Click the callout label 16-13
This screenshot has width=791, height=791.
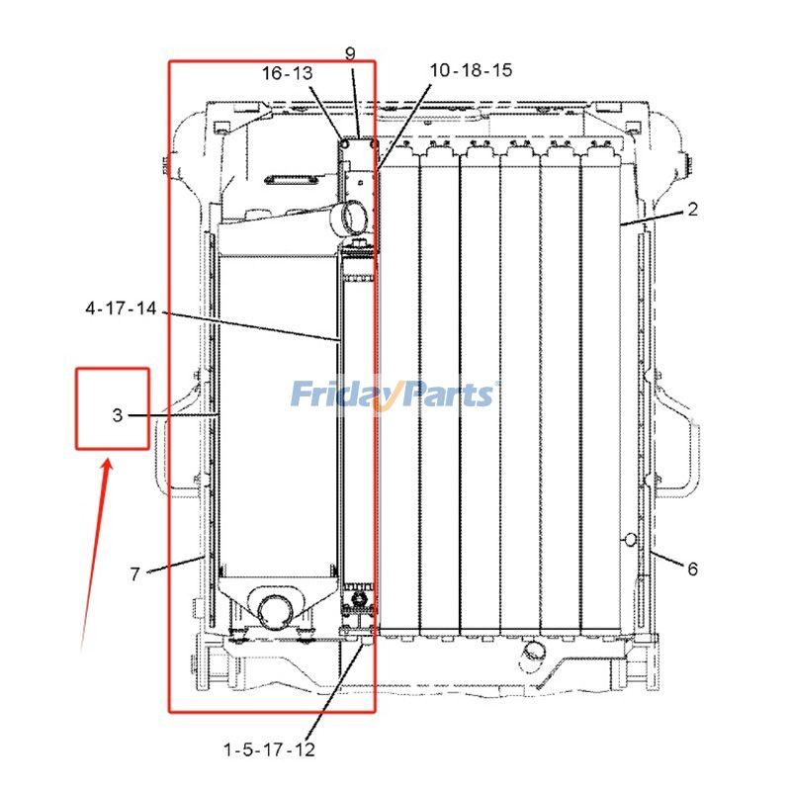tap(286, 73)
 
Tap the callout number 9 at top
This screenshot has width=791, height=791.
tap(350, 53)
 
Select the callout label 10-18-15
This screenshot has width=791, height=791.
tap(471, 70)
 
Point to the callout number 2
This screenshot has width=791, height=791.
tap(692, 210)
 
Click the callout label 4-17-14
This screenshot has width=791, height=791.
tap(121, 309)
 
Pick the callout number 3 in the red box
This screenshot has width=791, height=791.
tap(117, 416)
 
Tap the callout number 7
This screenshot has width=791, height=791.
tap(135, 573)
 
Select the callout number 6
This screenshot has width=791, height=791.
tap(692, 569)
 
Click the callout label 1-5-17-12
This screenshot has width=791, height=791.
tap(270, 750)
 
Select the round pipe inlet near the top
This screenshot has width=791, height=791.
tap(351, 214)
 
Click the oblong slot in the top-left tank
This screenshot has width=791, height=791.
tap(289, 180)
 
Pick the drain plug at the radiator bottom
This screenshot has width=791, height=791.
tap(533, 654)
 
